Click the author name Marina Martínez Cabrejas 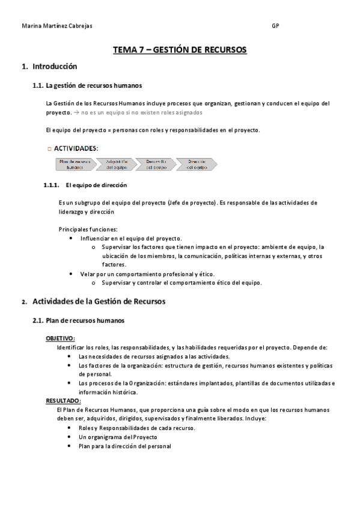(57, 26)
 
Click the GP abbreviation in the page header (275, 26)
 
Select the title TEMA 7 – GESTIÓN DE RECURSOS (180, 50)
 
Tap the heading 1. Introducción (49, 66)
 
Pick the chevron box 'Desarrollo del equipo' (156, 164)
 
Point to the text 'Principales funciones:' (88, 229)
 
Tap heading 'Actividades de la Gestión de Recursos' (99, 301)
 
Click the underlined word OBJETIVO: (60, 339)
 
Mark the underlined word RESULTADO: (63, 401)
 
